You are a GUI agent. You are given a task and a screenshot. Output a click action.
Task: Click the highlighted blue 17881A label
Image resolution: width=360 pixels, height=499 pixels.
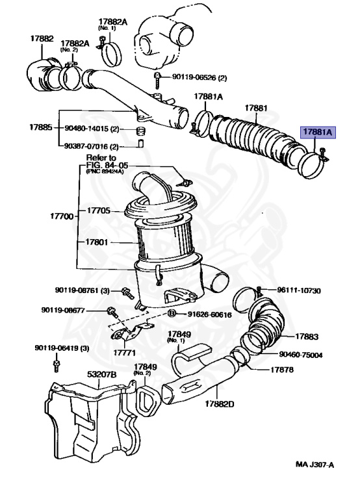317,132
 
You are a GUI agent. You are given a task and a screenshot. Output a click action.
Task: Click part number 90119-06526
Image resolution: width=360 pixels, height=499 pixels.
194,77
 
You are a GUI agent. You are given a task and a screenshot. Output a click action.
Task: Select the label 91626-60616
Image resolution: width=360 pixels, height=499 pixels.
209,314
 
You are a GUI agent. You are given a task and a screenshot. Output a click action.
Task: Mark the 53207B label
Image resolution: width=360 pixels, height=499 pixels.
101,375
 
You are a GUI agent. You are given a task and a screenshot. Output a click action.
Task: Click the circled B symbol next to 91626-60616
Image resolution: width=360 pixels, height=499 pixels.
172,314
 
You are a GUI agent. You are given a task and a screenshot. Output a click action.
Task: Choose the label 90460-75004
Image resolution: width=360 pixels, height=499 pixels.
302,355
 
